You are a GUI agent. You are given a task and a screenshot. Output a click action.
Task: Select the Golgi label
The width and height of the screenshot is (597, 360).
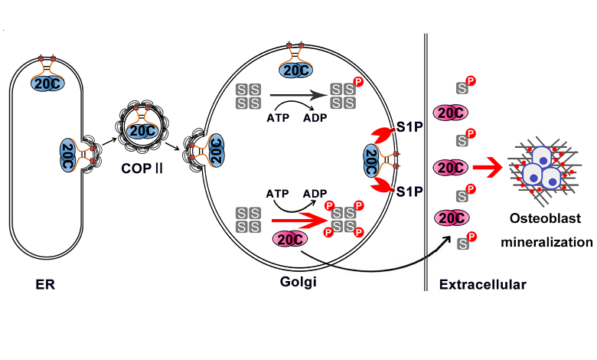[298, 283]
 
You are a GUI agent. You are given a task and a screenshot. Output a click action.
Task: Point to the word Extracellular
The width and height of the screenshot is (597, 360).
[482, 285]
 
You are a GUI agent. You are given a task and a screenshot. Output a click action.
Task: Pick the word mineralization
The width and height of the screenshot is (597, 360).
[546, 242]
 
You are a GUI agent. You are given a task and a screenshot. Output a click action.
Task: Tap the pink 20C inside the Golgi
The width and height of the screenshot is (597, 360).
[291, 239]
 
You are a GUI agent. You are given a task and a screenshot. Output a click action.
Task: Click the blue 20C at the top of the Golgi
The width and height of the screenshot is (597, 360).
[295, 70]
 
